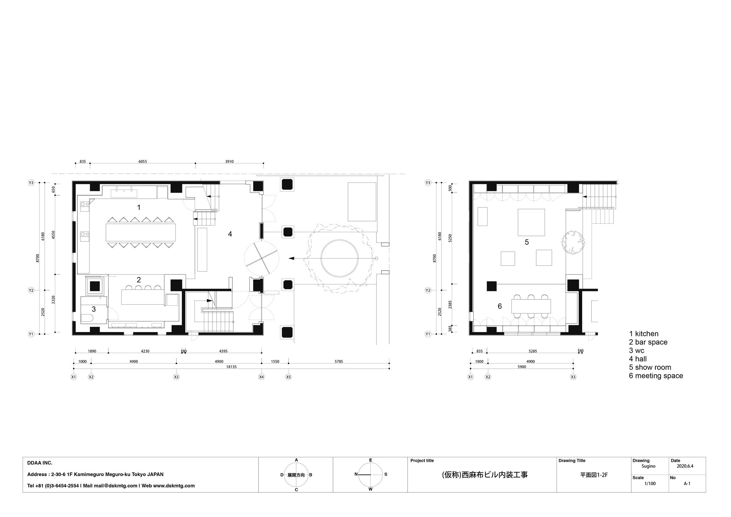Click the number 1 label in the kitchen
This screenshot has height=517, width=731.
coord(139,207)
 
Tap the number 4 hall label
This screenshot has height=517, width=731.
coord(230,234)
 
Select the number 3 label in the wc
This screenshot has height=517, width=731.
coord(94,309)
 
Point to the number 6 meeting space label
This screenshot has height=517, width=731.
coord(500,306)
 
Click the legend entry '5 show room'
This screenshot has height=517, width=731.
coord(650,367)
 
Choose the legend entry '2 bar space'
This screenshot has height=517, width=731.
coord(648,342)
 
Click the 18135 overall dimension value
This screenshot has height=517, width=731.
coord(231,367)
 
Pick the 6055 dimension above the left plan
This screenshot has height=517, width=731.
coord(143,162)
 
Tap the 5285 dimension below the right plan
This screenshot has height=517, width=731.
coord(533,351)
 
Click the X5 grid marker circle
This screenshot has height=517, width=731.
coord(288,377)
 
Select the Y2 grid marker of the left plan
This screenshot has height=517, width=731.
coord(31,290)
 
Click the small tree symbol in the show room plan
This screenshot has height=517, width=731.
coord(573,242)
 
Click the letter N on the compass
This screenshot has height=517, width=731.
coord(356,474)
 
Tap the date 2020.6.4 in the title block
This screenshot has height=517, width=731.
coord(685,466)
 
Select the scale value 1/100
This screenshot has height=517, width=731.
coord(650,483)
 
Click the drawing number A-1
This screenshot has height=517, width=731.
coord(687,483)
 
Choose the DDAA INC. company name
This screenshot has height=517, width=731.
coord(40,463)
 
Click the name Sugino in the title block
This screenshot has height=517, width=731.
coord(648,466)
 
